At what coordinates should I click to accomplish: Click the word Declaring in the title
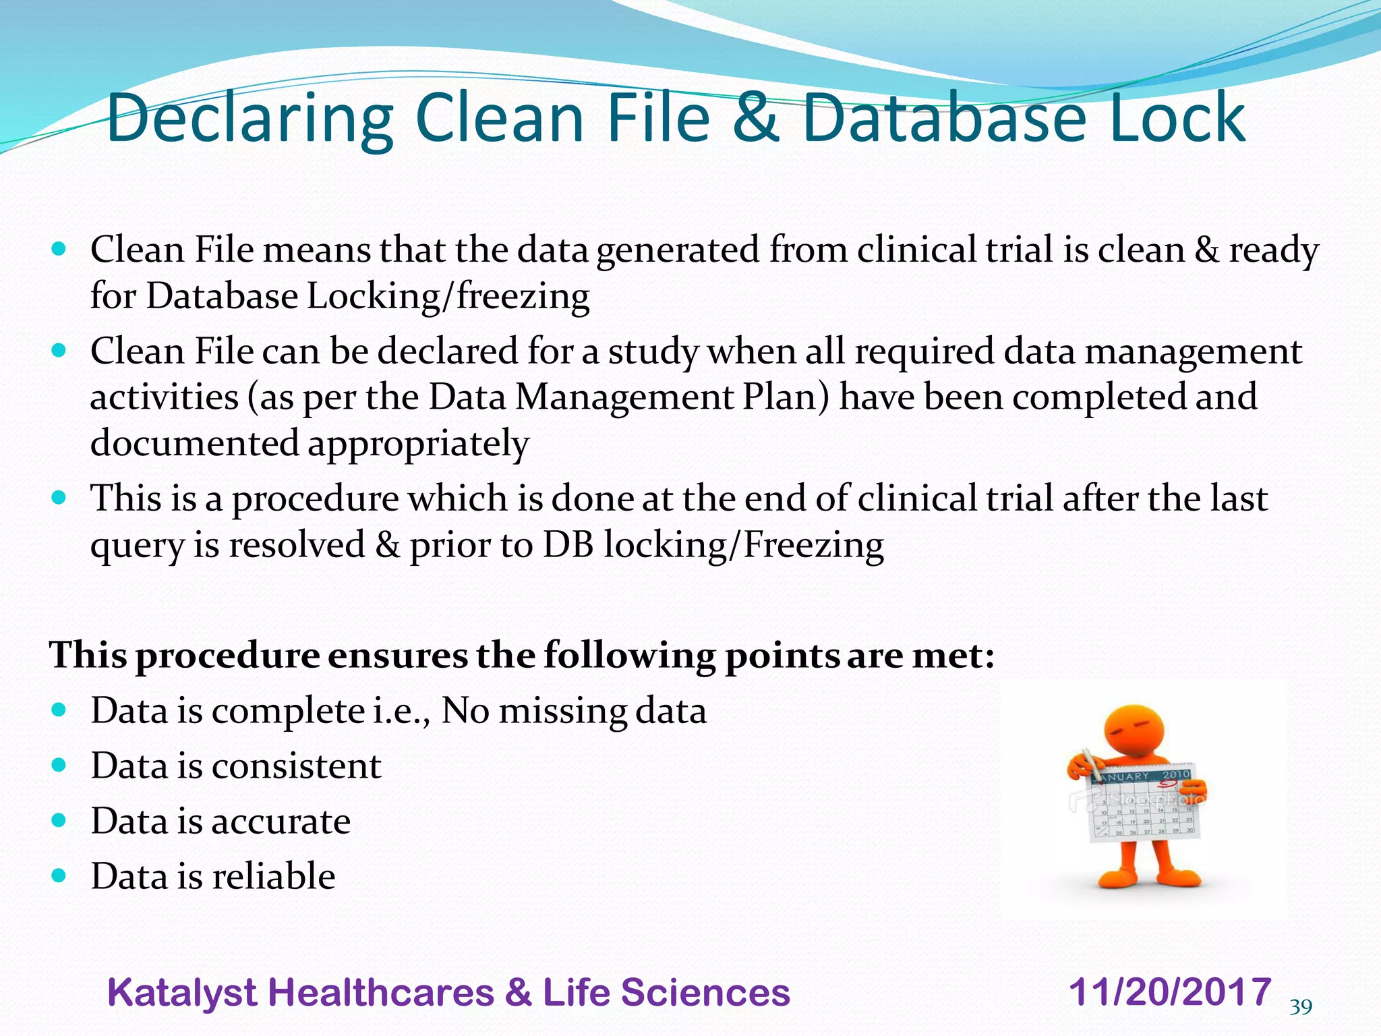[x=249, y=119]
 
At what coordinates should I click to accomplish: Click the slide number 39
[x=1301, y=1008]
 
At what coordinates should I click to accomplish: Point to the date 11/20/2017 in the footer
[x=1170, y=992]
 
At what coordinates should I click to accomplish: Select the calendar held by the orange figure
[x=1142, y=806]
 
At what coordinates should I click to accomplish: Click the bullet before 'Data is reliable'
[x=59, y=875]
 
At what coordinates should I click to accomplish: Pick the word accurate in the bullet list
[x=282, y=822]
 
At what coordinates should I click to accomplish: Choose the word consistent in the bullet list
[x=297, y=766]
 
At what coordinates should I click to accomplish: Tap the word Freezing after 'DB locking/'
[x=813, y=545]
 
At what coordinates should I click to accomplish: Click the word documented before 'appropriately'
[x=194, y=443]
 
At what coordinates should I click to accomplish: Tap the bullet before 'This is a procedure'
[x=59, y=498]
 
